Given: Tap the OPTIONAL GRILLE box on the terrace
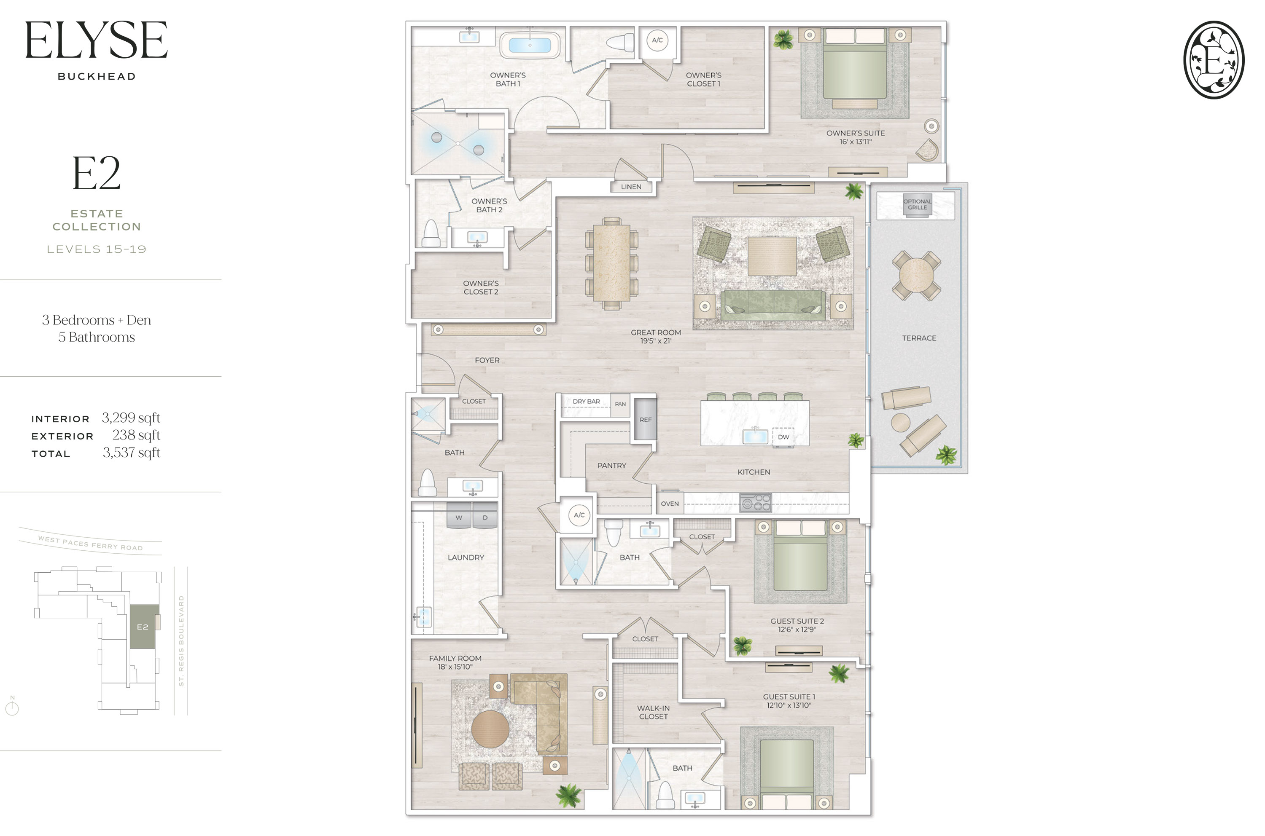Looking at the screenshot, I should click(917, 205).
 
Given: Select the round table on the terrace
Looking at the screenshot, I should click(916, 276).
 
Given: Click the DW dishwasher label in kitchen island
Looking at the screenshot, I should click(783, 437).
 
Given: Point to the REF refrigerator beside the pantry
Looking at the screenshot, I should click(645, 420).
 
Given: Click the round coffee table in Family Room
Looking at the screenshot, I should click(490, 729).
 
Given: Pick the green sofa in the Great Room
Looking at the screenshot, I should click(772, 305).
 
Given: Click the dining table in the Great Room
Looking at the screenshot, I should click(611, 263).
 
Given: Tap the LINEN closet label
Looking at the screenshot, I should click(631, 187).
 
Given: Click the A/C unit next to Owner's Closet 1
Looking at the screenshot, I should click(657, 40).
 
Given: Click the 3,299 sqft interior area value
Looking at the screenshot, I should click(131, 418).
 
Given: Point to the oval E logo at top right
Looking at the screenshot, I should click(1214, 60).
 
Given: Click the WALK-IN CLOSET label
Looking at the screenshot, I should click(653, 712).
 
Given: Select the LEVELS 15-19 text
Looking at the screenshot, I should click(97, 249).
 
